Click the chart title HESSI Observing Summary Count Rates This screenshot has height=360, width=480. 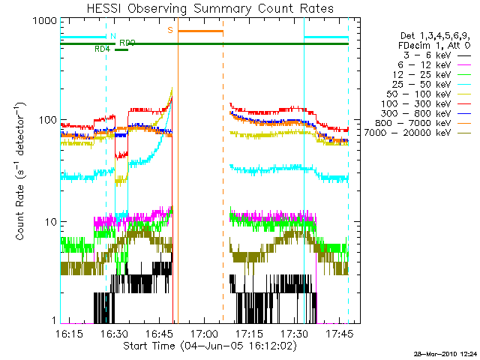tap(204, 9)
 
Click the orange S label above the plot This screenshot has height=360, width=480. tap(170, 30)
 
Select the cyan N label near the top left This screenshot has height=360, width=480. tap(112, 36)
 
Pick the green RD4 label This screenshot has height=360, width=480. tap(102, 49)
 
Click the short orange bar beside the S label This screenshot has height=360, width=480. tap(200, 31)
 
